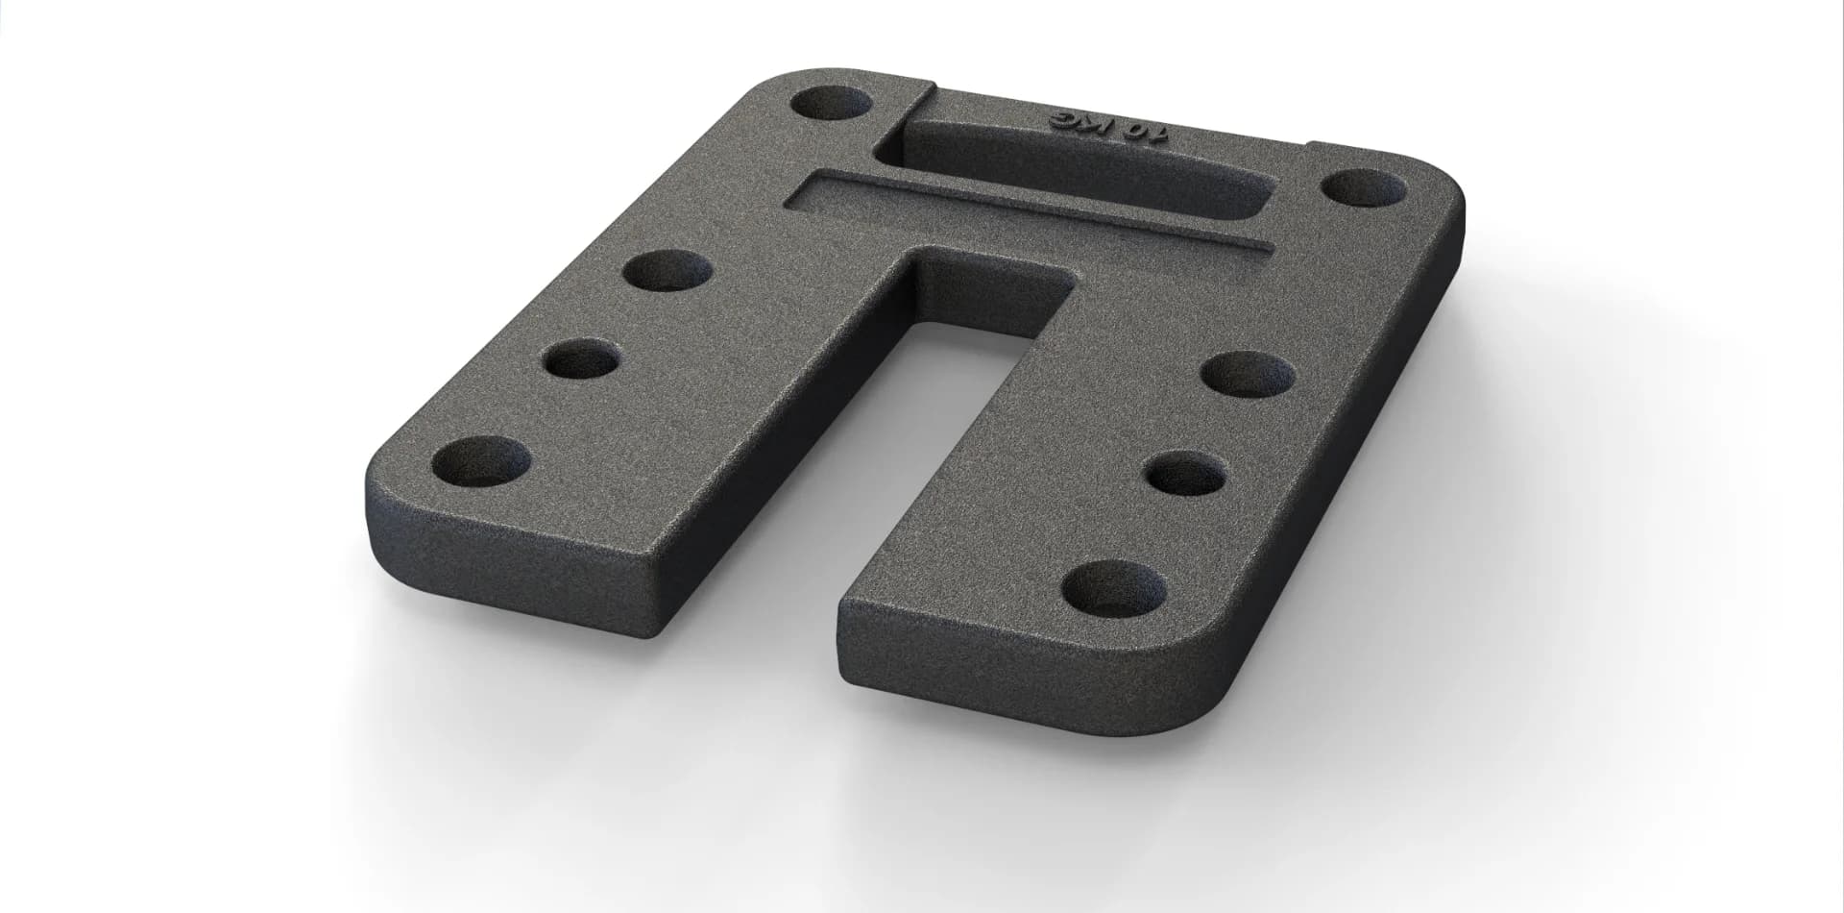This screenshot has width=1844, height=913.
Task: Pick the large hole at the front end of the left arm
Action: click(x=481, y=461)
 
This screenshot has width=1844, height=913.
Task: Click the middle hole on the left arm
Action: click(x=579, y=362)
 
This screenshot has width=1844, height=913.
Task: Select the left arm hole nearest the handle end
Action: click(x=667, y=270)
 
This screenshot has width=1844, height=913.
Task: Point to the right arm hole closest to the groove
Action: click(x=1247, y=374)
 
